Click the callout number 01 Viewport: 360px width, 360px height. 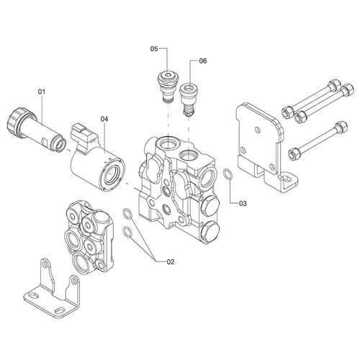point(42,91)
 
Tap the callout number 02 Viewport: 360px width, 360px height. point(171,262)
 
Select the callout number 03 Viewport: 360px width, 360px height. point(243,204)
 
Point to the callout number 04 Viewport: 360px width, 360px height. point(104,119)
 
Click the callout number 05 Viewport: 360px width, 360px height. point(154,49)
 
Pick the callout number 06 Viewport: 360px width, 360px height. point(203,61)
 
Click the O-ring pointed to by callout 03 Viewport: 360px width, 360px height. point(228,174)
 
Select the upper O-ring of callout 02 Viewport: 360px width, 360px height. point(127,214)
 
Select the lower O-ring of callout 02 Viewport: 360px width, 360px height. point(127,232)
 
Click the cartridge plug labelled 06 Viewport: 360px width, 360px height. point(189,99)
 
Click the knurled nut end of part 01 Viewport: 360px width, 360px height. point(17,122)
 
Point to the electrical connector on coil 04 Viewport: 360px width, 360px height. point(83,136)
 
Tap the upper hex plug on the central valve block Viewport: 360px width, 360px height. point(210,204)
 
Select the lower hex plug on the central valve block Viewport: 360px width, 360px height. point(209,231)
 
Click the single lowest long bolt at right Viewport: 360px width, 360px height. point(318,140)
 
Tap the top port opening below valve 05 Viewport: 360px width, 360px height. point(168,144)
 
